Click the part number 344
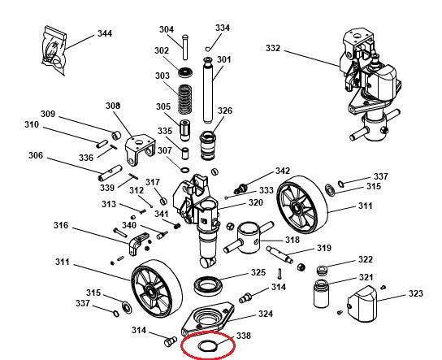coord(104,33)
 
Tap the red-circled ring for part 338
coord(199,347)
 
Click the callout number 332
coord(272,49)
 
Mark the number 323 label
coord(415,293)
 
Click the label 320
coord(255,203)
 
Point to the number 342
coord(282,171)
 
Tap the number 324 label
coord(265,314)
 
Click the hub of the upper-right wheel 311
coord(302,207)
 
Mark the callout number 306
coord(36,155)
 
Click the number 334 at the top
coord(222,28)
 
